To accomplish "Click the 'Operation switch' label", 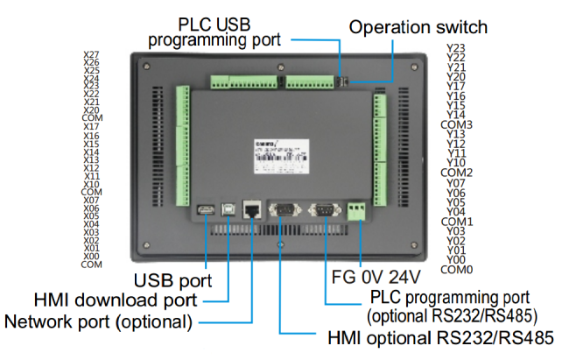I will (418, 27).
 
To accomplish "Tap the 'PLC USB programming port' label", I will (215, 32).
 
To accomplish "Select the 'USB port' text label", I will (172, 280).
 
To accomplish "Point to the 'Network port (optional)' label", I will (98, 321).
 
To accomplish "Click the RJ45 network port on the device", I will (254, 210).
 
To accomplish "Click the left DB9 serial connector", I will (283, 209).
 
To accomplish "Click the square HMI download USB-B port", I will (228, 209).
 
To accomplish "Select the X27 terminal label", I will (91, 55).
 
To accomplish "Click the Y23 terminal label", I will (455, 47).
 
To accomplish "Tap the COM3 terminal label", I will (457, 124).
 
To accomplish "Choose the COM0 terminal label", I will (457, 269).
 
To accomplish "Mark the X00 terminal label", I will (91, 255).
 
